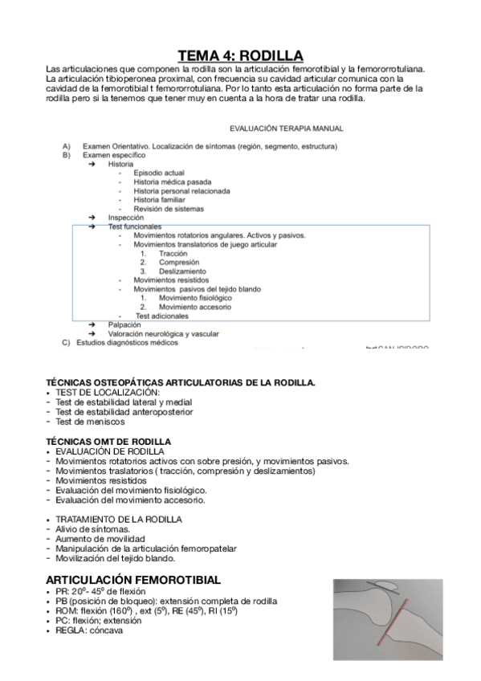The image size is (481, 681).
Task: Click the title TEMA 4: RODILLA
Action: (x=240, y=55)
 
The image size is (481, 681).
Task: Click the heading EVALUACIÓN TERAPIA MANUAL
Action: (x=286, y=128)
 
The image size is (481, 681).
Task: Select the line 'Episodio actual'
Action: (x=159, y=173)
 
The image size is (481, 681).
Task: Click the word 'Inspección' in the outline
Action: (x=126, y=218)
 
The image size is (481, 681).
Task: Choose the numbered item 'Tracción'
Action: (x=173, y=254)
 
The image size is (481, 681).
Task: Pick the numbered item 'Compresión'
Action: (x=178, y=263)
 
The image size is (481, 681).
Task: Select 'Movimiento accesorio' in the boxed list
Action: (x=195, y=307)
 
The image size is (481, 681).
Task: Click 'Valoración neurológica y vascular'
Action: (x=163, y=334)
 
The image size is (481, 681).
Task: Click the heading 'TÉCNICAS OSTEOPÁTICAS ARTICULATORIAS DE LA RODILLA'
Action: (x=181, y=382)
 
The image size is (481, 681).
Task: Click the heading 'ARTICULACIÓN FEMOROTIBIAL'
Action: (x=133, y=579)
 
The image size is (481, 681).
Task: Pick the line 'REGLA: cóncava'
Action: (x=89, y=630)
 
